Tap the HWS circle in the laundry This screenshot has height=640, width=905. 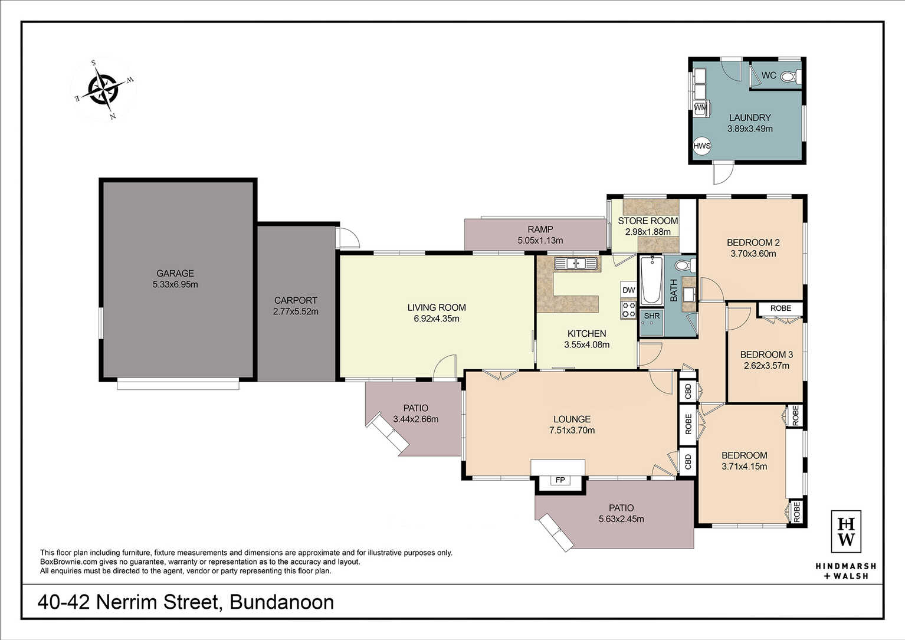(x=702, y=146)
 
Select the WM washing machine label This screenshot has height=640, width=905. (x=700, y=108)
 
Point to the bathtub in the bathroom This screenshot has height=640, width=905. (x=651, y=280)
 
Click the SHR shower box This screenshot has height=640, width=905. (x=651, y=322)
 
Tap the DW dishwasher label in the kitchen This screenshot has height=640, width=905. (x=629, y=290)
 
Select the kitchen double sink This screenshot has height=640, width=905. (x=576, y=264)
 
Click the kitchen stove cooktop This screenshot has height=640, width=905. (x=629, y=309)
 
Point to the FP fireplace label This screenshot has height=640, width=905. (x=560, y=480)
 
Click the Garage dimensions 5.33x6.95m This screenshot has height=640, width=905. (x=175, y=284)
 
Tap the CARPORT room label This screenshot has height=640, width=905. (x=296, y=300)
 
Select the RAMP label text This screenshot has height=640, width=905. (x=540, y=229)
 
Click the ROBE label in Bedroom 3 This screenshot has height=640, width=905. (x=781, y=308)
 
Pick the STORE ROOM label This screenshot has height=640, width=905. (x=648, y=221)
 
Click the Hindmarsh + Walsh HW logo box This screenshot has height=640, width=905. (x=846, y=531)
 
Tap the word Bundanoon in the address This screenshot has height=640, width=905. (x=281, y=602)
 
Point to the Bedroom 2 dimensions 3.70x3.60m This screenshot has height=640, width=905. (x=753, y=254)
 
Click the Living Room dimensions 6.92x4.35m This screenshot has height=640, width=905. (x=437, y=319)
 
